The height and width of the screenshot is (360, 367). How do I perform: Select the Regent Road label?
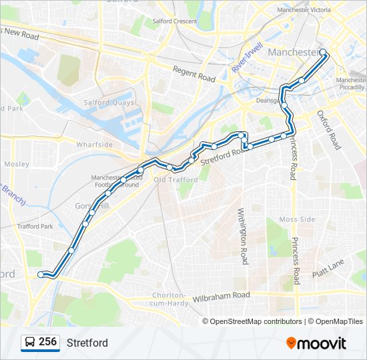[x=194, y=74]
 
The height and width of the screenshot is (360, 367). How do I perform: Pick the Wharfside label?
[x=94, y=144]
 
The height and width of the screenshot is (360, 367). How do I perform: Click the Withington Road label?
[x=244, y=233]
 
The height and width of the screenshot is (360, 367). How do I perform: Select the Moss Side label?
[x=296, y=219]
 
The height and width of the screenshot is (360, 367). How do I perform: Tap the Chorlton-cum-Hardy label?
[x=168, y=299]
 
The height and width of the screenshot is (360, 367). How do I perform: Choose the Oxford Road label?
[x=329, y=130]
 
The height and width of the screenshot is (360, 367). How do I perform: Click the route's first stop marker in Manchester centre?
[x=323, y=52]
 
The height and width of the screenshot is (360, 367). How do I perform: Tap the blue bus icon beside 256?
[x=29, y=343]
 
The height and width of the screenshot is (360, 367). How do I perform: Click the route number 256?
[x=47, y=342]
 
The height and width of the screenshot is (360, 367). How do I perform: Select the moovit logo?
[x=316, y=343]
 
